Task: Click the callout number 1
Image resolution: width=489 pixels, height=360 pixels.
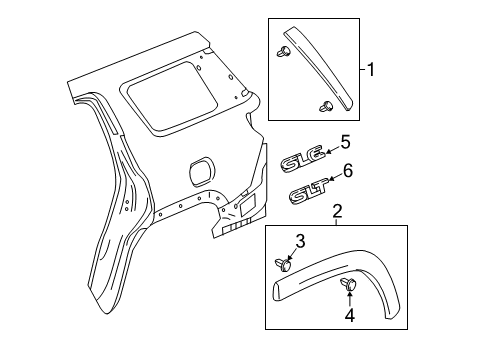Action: (x=372, y=70)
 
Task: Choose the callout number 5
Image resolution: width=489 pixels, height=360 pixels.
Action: (x=345, y=143)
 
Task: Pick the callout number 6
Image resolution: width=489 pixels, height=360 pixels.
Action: (x=348, y=171)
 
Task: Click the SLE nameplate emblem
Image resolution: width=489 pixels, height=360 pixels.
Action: (x=301, y=159)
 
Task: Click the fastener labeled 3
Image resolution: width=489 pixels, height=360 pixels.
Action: (x=283, y=264)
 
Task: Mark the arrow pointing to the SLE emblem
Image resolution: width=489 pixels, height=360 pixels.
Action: (x=330, y=148)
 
